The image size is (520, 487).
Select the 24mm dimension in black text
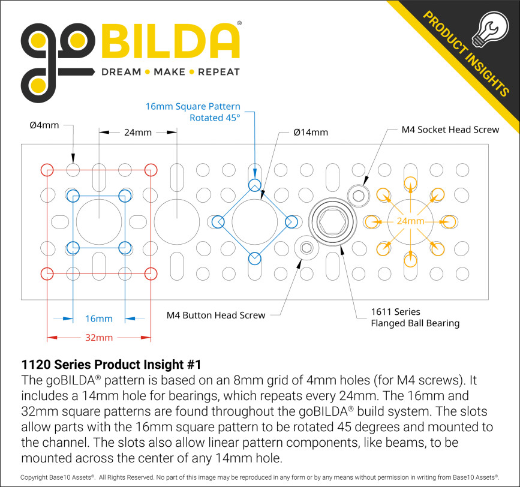[x=137, y=132]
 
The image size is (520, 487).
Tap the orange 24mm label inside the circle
[x=410, y=221]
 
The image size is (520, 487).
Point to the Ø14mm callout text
[x=311, y=132]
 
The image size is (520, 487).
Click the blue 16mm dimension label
[x=99, y=318]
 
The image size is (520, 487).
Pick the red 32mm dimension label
[x=99, y=338]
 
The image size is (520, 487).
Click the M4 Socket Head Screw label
[x=450, y=130]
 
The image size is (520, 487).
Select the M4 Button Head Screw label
[x=215, y=315]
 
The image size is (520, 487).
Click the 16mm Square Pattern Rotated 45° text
[x=193, y=112]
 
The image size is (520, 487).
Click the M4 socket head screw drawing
[x=359, y=194]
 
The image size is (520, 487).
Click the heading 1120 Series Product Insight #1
[x=110, y=364]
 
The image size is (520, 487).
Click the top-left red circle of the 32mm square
[x=47, y=170]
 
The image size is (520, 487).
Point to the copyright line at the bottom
[x=260, y=477]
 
